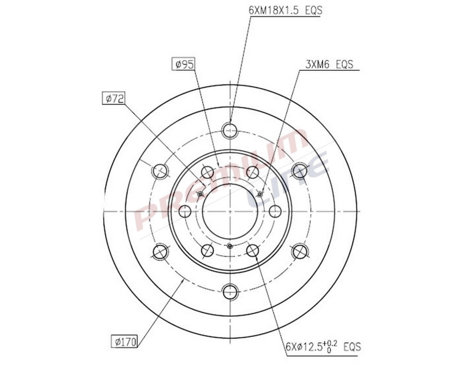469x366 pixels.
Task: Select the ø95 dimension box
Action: tap(184, 64)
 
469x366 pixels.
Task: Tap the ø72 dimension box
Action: tap(113, 98)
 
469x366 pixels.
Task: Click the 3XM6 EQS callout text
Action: tap(329, 65)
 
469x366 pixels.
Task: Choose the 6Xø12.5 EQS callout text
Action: tap(323, 346)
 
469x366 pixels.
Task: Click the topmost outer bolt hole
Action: tap(229, 129)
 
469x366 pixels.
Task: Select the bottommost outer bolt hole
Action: tap(229, 292)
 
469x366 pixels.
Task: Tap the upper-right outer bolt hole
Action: tap(300, 170)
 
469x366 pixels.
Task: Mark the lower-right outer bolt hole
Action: tap(300, 251)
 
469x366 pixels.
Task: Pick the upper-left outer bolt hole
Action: tap(159, 170)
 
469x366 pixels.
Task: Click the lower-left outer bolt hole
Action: tap(159, 251)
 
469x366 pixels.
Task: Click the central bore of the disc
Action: tap(229, 211)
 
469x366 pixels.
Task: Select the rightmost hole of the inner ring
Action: tap(275, 211)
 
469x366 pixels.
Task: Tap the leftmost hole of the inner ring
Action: tap(184, 211)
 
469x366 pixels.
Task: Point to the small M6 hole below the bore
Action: tap(229, 246)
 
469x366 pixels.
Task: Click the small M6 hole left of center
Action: tap(200, 194)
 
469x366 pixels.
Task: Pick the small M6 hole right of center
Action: tap(260, 194)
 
